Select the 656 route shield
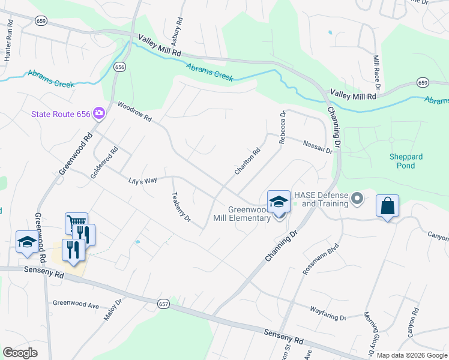pyautogui.click(x=120, y=67)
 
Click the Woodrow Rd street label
pyautogui.click(x=135, y=111)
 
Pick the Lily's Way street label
pyautogui.click(x=142, y=180)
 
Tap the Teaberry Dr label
pyautogui.click(x=181, y=206)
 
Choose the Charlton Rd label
pyautogui.click(x=247, y=161)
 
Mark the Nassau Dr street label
pyautogui.click(x=318, y=147)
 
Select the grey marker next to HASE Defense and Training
pyautogui.click(x=358, y=197)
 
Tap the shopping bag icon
pyautogui.click(x=388, y=206)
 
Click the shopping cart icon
pyautogui.click(x=76, y=223)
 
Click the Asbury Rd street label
pyautogui.click(x=179, y=29)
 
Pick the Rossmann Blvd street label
pyautogui.click(x=313, y=259)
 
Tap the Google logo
pyautogui.click(x=20, y=353)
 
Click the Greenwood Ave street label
pyautogui.click(x=76, y=305)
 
